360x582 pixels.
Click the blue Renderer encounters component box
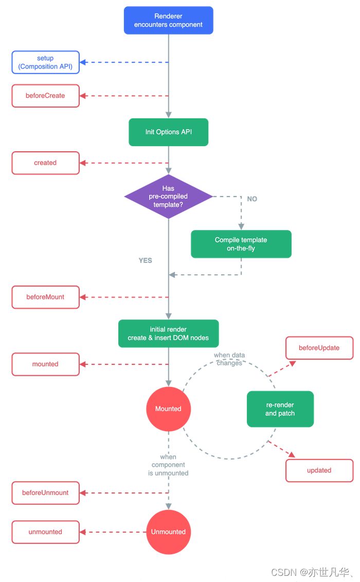[168, 21]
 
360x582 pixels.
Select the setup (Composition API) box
[45, 62]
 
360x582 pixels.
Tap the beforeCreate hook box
[45, 96]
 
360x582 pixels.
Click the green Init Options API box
[168, 132]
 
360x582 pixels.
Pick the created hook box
[45, 163]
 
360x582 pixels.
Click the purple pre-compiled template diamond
[168, 196]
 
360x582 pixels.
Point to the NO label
[252, 199]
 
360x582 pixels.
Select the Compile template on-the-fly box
[241, 244]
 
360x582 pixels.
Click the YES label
[146, 260]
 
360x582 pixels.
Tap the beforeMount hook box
[45, 297]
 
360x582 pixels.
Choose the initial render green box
[168, 333]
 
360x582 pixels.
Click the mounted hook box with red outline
[45, 364]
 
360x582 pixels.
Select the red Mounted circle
[168, 409]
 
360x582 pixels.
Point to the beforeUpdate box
[319, 348]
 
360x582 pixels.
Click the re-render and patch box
[280, 409]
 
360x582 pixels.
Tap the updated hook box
[319, 470]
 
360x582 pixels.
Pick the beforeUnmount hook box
[45, 492]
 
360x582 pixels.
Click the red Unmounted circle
[168, 532]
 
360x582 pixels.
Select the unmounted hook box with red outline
[45, 532]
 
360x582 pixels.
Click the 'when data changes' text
[229, 359]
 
